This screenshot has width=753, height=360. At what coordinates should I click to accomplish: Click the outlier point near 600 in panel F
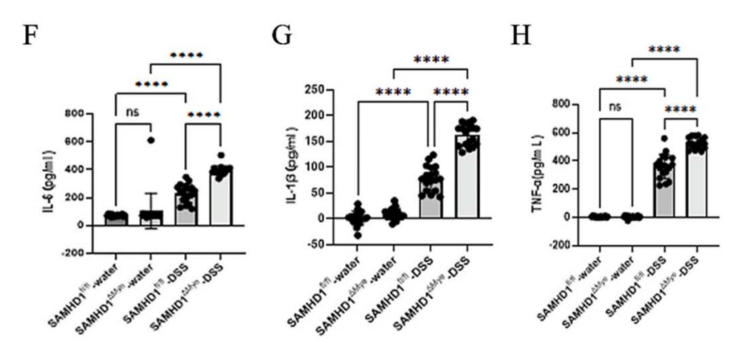pyautogui.click(x=151, y=141)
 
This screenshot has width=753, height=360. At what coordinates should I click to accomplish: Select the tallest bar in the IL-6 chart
pyautogui.click(x=220, y=197)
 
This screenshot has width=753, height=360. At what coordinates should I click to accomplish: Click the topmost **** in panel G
pyautogui.click(x=431, y=60)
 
